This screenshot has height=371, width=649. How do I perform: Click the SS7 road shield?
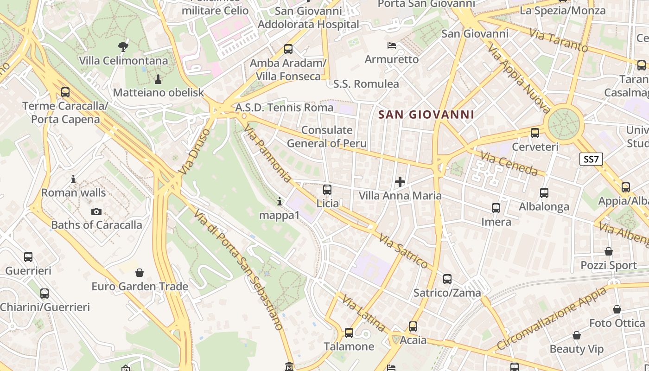click(x=592, y=160)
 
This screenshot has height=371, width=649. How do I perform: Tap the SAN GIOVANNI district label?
click(x=426, y=115)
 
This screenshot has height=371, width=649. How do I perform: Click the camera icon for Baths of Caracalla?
click(x=96, y=211)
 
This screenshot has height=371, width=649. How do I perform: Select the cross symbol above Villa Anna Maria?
click(x=400, y=182)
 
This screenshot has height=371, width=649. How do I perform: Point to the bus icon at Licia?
click(x=327, y=189)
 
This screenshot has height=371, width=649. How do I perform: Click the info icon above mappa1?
click(x=279, y=201)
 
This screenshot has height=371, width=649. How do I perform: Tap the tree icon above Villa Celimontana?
click(x=123, y=46)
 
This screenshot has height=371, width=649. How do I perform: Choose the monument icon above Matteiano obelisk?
click(x=158, y=79)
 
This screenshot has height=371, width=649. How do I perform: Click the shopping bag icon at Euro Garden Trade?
click(x=140, y=272)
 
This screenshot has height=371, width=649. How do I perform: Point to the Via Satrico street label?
click(x=403, y=251)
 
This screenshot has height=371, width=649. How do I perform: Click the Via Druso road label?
click(x=194, y=152)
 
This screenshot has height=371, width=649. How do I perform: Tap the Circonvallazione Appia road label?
click(x=551, y=319)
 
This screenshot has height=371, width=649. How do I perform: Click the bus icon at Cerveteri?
click(x=535, y=133)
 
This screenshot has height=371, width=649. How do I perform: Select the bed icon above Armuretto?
click(x=392, y=45)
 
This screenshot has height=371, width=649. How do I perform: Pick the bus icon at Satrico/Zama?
click(x=447, y=279)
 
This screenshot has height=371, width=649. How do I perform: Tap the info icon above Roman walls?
click(x=73, y=179)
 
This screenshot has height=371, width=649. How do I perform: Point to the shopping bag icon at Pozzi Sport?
click(x=609, y=251)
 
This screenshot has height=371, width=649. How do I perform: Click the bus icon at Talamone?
click(x=349, y=333)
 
